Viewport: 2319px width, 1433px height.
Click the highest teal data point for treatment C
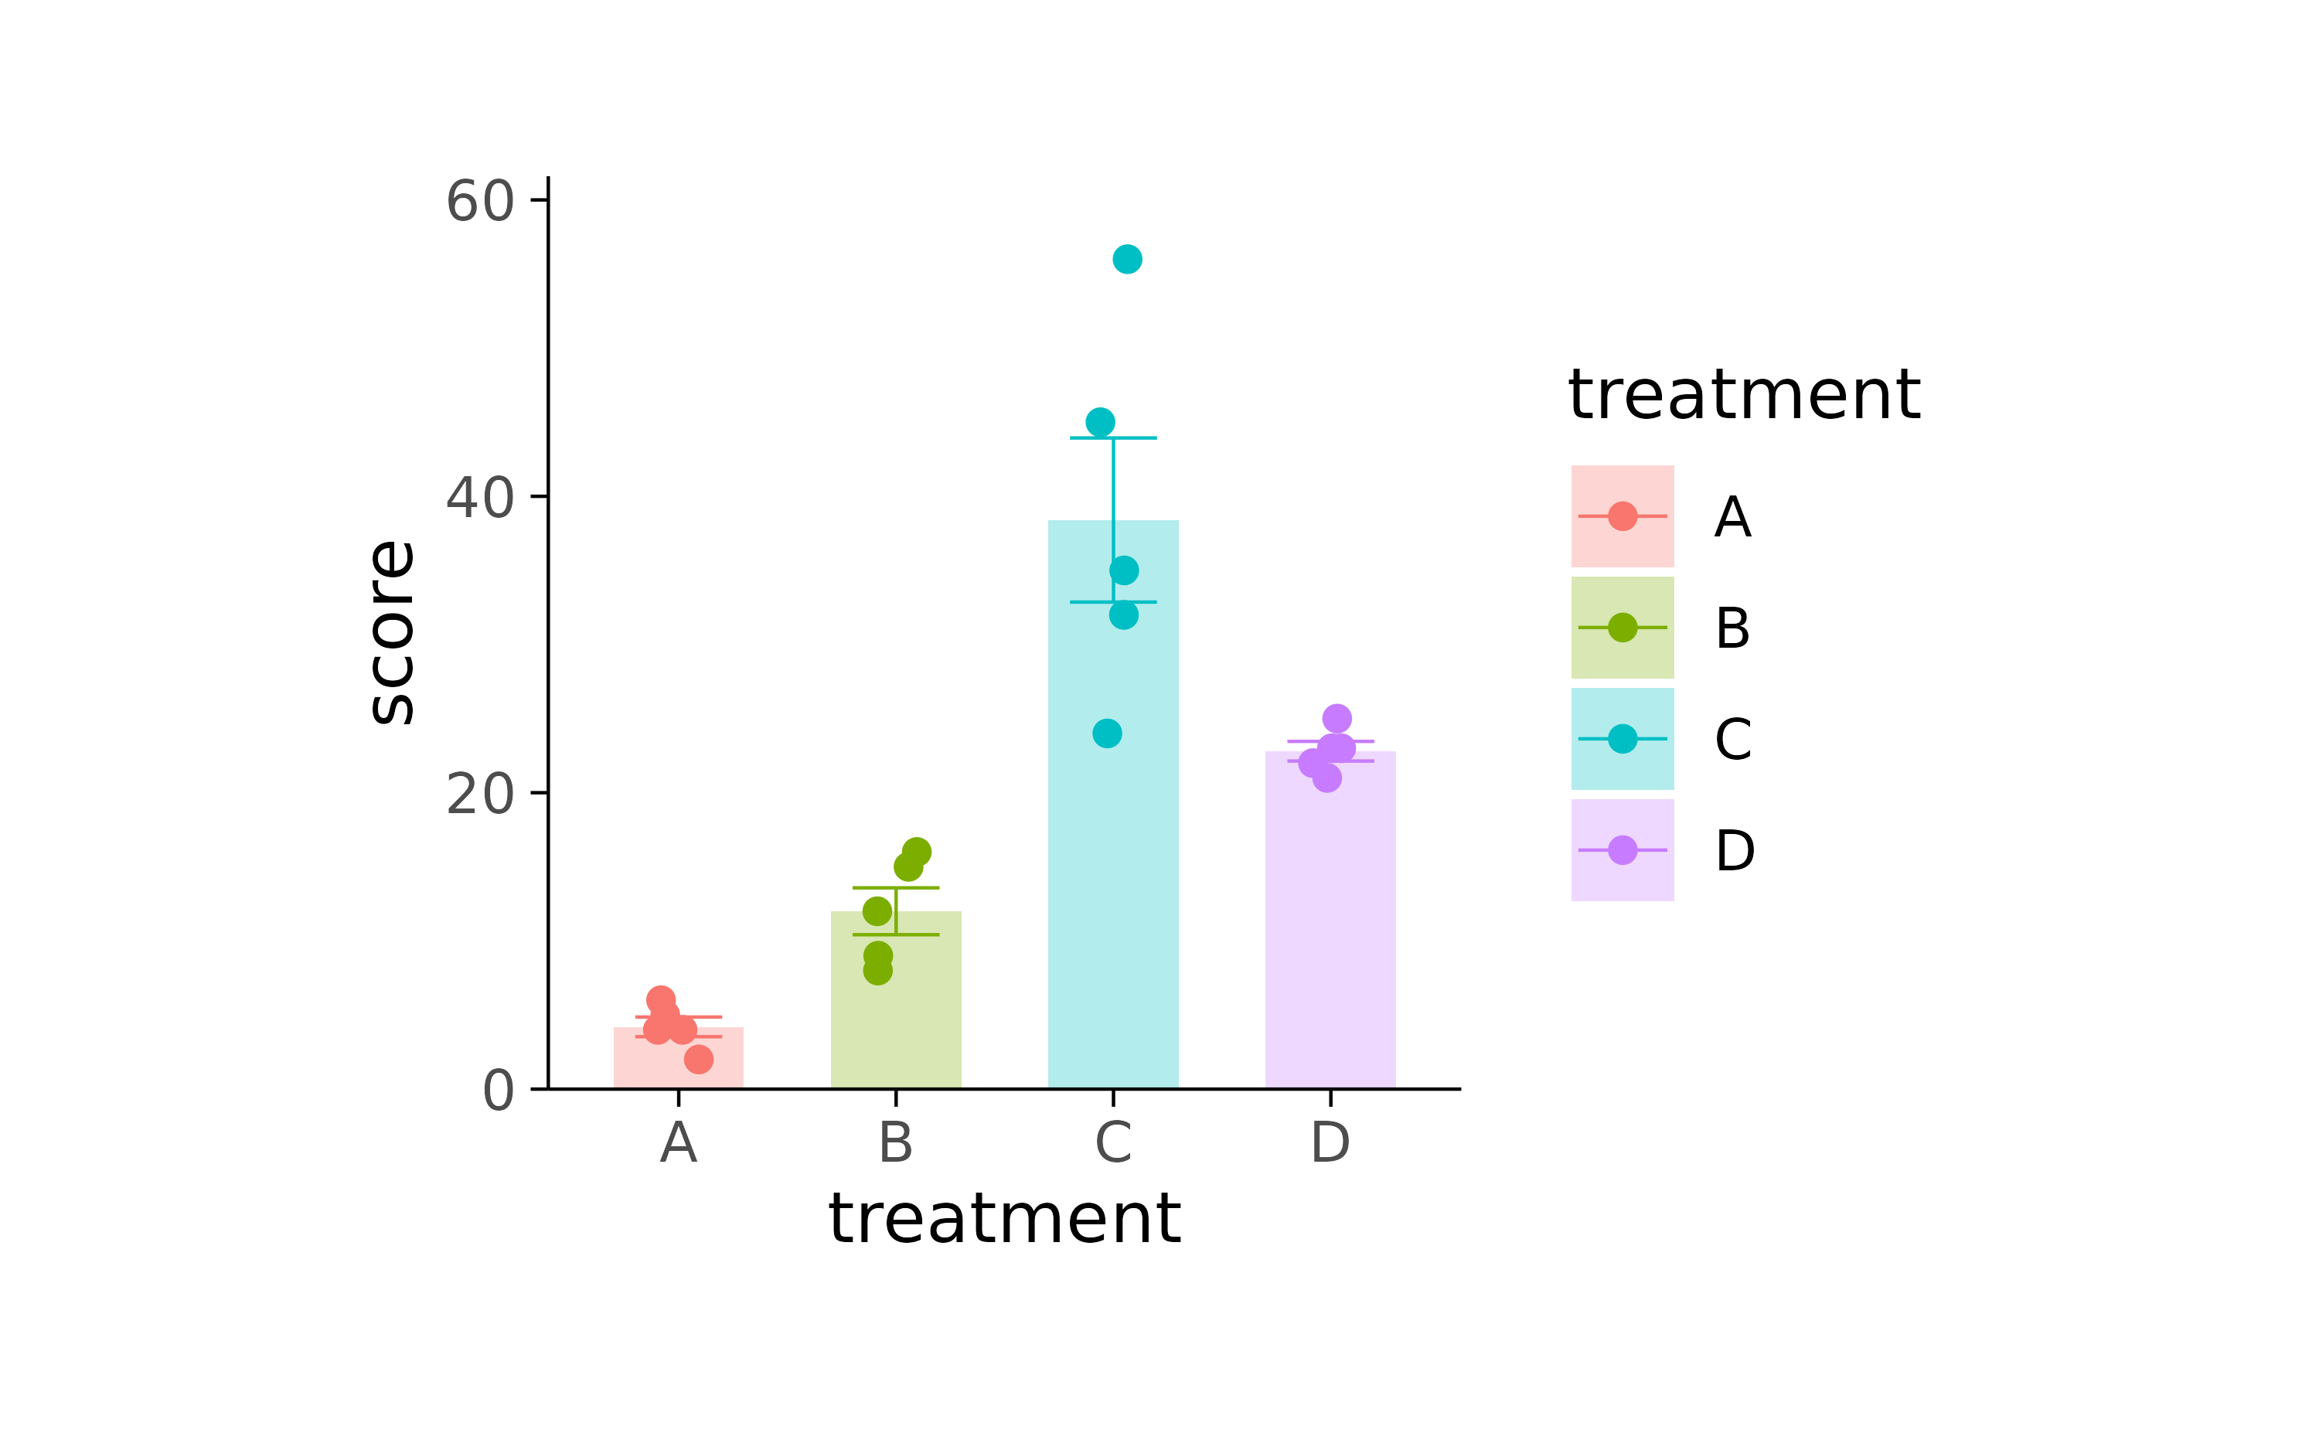pyautogui.click(x=1127, y=259)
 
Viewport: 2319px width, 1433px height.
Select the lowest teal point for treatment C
pyautogui.click(x=1107, y=734)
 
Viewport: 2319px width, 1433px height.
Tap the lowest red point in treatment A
pyautogui.click(x=699, y=1060)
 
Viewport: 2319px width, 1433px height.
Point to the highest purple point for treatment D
pyautogui.click(x=1337, y=718)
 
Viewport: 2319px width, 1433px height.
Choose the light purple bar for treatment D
pyautogui.click(x=1330, y=929)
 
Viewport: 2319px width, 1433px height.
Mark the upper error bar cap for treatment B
pyautogui.click(x=896, y=888)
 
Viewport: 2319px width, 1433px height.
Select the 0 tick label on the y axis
pyautogui.click(x=499, y=1090)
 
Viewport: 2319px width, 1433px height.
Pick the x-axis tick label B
pyautogui.click(x=896, y=1142)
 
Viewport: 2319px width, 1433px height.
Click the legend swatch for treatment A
pyautogui.click(x=1622, y=516)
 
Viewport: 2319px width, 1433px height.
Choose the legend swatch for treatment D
pyautogui.click(x=1622, y=850)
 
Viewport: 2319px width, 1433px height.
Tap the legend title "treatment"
pyautogui.click(x=1744, y=394)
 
